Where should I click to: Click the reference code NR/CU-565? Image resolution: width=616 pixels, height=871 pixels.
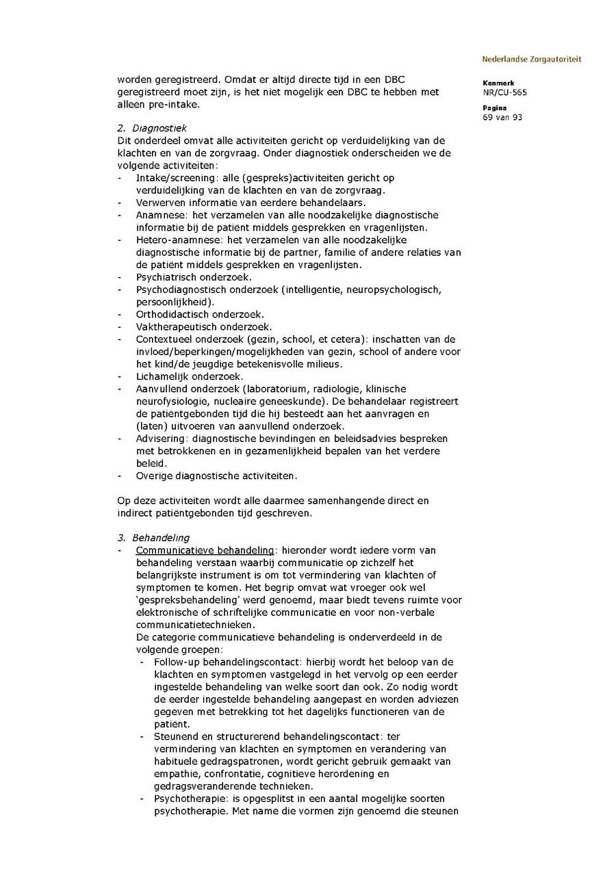[x=504, y=92]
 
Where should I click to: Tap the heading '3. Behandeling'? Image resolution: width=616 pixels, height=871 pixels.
[x=153, y=538]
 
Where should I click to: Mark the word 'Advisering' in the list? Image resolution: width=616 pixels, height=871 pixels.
[x=161, y=439]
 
